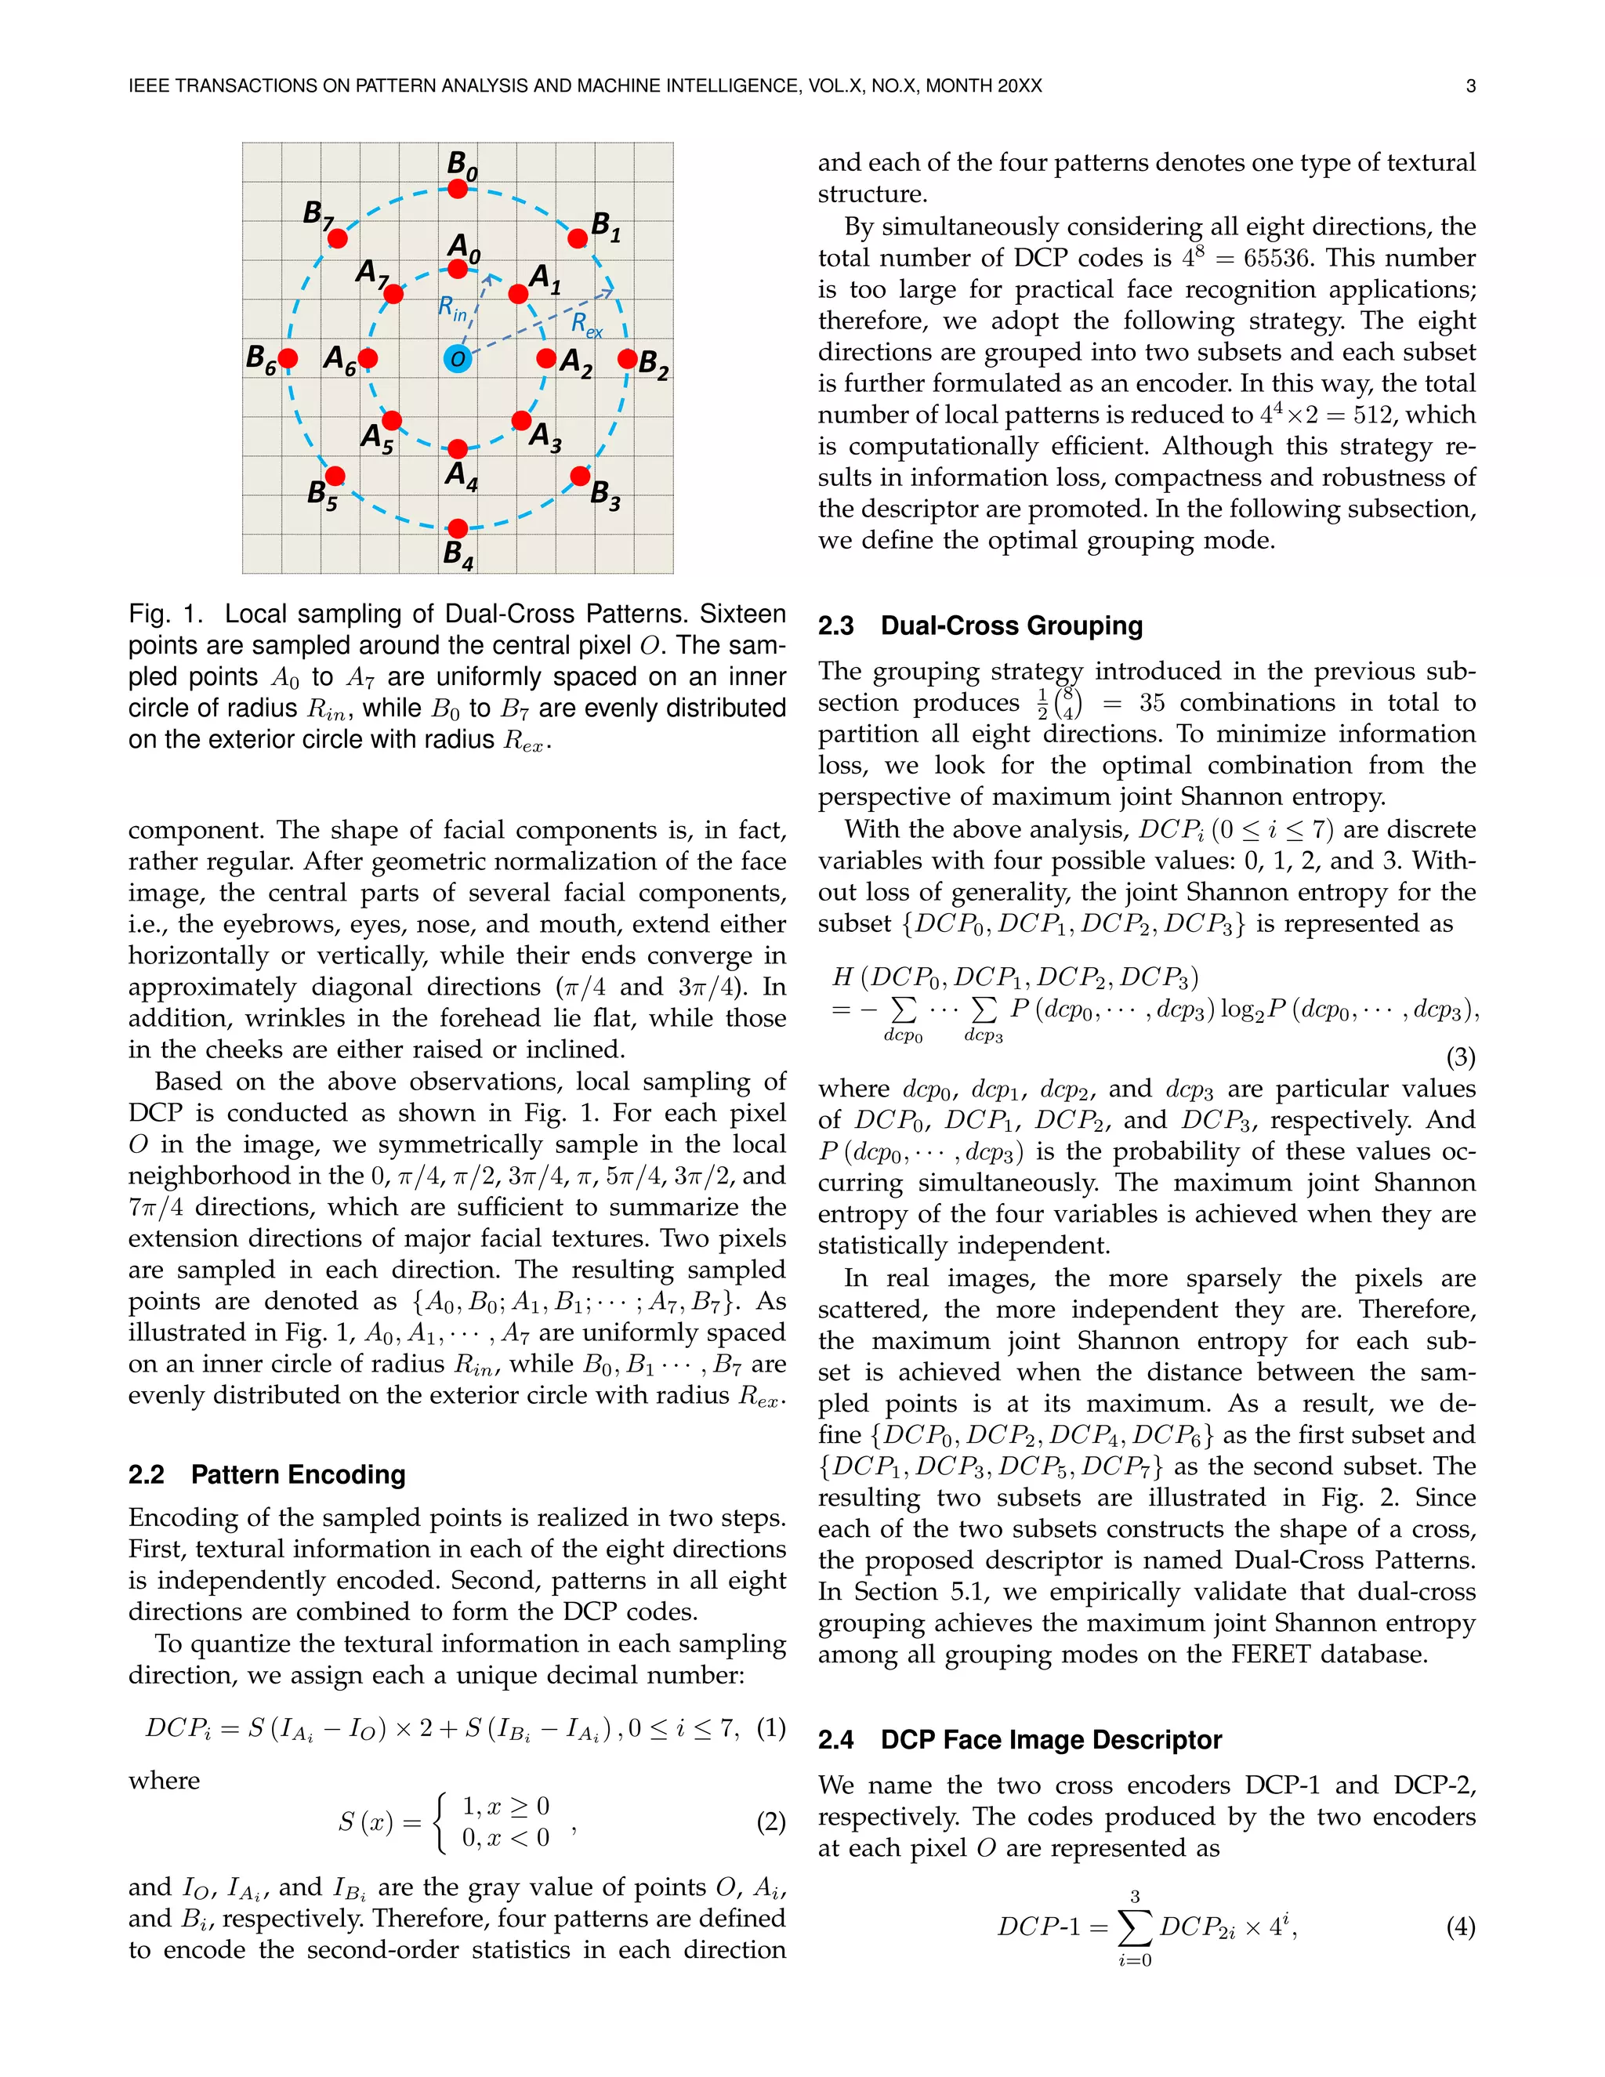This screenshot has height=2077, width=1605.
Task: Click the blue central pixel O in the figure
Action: tap(458, 358)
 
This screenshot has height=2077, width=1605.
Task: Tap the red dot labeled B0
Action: tap(458, 188)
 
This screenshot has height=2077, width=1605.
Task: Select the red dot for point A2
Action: tap(545, 358)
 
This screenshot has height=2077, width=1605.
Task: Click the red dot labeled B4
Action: tap(458, 527)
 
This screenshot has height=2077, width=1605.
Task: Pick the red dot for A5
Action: tap(392, 420)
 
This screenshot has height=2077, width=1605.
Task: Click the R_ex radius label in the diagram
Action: tap(587, 325)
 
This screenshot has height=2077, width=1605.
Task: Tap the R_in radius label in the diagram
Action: tap(453, 309)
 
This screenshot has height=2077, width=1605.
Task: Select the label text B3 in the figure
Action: tap(606, 495)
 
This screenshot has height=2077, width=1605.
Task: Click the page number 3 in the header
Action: tap(1470, 86)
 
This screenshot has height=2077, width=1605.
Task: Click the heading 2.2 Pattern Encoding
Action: tap(266, 1475)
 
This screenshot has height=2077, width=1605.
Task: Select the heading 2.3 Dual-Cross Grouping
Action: tap(980, 625)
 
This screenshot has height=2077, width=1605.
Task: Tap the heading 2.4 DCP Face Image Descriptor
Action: tap(1020, 1740)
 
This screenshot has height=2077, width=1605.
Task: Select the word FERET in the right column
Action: tap(1270, 1655)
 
